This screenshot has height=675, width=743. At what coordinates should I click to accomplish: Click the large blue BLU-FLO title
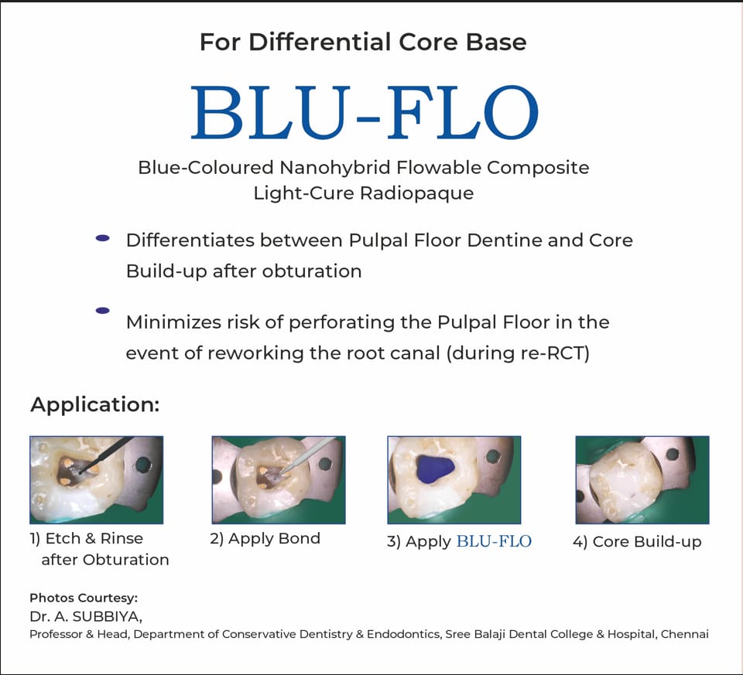tap(364, 114)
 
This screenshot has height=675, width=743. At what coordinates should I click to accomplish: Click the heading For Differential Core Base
tap(363, 41)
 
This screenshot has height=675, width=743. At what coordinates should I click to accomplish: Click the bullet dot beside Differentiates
tap(102, 239)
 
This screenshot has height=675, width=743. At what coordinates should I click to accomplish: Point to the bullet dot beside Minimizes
tap(102, 311)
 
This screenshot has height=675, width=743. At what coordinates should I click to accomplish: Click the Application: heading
tap(94, 404)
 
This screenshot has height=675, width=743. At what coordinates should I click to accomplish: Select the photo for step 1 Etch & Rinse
tap(96, 479)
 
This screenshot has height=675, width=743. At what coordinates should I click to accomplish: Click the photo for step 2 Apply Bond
tap(278, 479)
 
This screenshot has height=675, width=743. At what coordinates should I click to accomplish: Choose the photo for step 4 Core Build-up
tap(642, 479)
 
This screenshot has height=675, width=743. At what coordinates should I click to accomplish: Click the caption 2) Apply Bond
tap(265, 539)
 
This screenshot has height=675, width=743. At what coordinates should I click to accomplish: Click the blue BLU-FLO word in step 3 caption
tap(494, 542)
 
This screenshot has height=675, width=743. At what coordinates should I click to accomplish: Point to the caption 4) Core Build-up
tap(636, 542)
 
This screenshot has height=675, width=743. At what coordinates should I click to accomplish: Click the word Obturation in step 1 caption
tap(126, 560)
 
